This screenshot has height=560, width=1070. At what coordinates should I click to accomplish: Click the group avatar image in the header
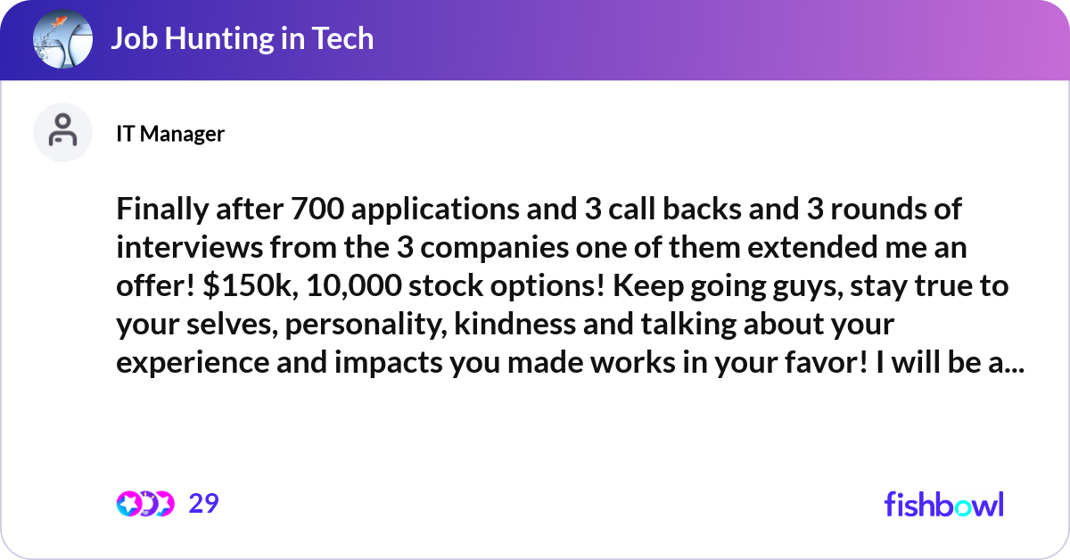click(x=63, y=40)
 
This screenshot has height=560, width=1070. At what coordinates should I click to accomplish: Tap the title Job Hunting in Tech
click(x=242, y=39)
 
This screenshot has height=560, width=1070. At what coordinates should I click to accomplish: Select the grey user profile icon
click(x=62, y=132)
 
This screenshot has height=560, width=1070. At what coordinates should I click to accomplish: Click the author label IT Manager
click(x=170, y=134)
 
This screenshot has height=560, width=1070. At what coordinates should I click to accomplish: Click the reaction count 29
click(x=203, y=504)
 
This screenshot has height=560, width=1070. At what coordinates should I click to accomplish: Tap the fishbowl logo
click(x=943, y=504)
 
